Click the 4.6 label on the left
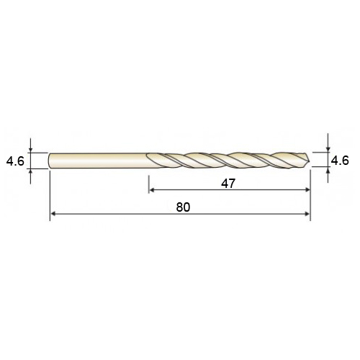(15, 161)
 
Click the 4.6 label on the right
(340, 160)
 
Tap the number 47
(228, 184)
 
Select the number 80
(183, 207)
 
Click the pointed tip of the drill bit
(310, 160)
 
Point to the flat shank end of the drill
(49, 161)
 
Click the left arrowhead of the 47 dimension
(151, 190)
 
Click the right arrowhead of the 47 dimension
(307, 190)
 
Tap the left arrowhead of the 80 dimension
(53, 214)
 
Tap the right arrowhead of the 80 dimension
(307, 214)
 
